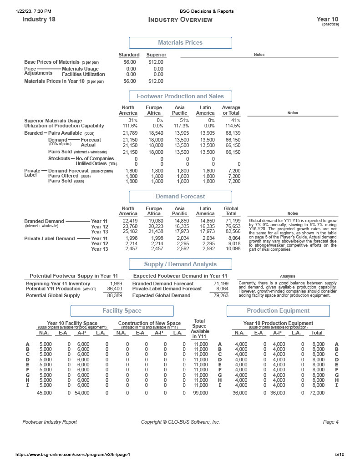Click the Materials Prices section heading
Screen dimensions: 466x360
coord(180,43)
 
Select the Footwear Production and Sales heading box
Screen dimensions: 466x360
coord(180,96)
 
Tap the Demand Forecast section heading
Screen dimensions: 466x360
coord(180,197)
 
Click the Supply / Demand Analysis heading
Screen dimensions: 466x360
coord(180,264)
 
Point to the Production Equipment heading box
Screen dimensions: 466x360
coord(278,311)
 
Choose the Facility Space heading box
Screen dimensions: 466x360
coord(122,311)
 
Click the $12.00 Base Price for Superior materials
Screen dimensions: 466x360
coord(156,62)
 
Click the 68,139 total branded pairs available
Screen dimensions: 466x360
coord(231,133)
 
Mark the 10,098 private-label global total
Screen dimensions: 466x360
coord(233,249)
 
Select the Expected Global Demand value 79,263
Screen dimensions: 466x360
coord(221,295)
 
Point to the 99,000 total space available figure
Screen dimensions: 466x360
coord(200,392)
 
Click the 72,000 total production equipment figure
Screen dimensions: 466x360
coord(316,392)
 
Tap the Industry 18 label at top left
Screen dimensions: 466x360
coord(39,20)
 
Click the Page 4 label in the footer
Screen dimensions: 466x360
coord(330,422)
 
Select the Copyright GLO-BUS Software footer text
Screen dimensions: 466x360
coord(180,422)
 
